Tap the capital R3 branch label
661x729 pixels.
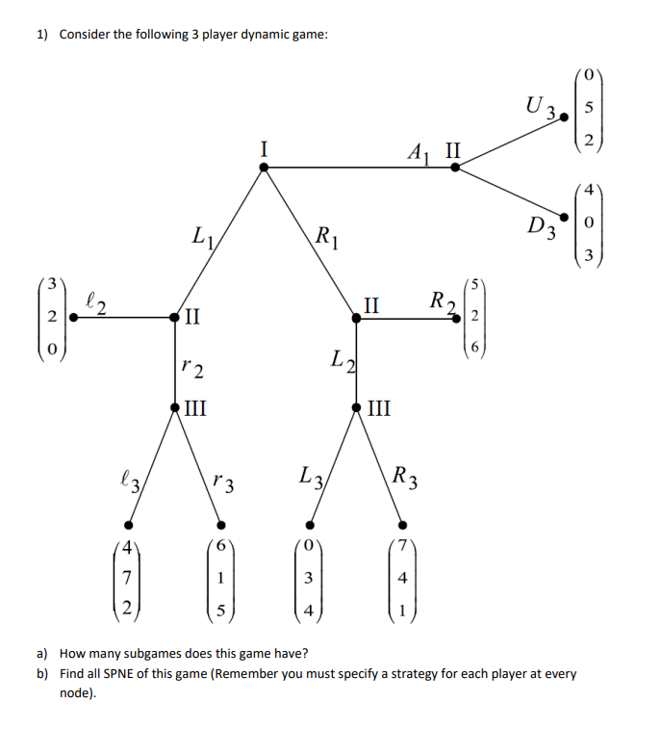coord(404,476)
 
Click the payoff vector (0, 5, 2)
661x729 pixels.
coord(590,107)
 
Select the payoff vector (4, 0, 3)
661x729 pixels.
coord(590,223)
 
